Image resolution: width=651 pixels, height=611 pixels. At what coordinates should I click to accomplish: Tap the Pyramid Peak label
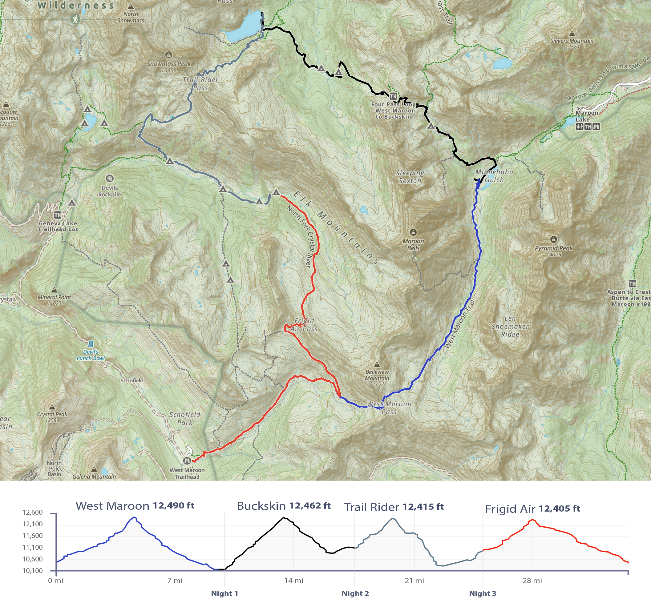click(x=554, y=248)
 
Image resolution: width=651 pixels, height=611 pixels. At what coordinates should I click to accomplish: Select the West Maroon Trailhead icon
click(x=187, y=461)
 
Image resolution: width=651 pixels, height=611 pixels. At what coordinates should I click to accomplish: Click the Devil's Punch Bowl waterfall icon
click(x=91, y=344)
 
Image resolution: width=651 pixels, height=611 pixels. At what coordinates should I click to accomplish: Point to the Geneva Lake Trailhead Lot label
click(x=58, y=226)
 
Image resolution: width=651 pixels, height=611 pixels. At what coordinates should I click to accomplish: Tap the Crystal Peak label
click(x=52, y=414)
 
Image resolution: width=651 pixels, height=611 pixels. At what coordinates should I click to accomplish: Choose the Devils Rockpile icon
click(x=110, y=178)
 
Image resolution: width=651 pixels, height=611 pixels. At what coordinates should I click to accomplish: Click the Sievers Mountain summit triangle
click(x=572, y=33)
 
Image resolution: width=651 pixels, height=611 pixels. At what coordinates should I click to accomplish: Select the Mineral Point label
click(x=55, y=297)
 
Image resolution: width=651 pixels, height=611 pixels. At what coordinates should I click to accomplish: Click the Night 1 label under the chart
click(x=224, y=593)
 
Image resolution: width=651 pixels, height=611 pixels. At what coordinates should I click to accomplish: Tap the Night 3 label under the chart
click(x=483, y=593)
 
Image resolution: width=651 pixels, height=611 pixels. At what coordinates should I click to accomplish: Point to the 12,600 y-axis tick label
click(x=32, y=513)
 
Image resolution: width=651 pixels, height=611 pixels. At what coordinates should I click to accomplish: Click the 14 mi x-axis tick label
click(x=294, y=581)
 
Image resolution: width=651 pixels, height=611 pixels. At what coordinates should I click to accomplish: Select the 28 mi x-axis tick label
click(x=532, y=581)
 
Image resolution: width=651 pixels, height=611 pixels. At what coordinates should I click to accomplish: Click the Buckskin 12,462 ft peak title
click(x=284, y=506)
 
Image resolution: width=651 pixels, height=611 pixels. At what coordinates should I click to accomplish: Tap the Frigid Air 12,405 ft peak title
click(x=532, y=509)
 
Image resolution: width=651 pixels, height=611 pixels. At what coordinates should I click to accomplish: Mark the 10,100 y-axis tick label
click(x=32, y=571)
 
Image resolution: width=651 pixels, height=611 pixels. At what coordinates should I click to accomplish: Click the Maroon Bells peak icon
click(x=413, y=232)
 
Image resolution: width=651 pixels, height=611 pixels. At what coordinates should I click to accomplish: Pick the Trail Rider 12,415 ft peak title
click(x=394, y=507)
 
